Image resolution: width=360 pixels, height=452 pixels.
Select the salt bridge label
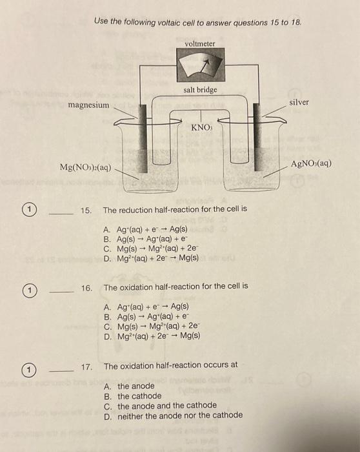click(x=201, y=90)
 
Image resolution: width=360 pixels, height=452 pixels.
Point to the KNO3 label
click(x=201, y=127)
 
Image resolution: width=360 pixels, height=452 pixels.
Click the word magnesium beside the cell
click(x=88, y=105)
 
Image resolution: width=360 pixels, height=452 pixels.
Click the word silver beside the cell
click(x=299, y=102)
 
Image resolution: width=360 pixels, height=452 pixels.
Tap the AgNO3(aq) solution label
click(x=311, y=163)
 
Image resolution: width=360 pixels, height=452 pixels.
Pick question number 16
click(x=87, y=286)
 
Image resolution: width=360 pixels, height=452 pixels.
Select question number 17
click(x=87, y=366)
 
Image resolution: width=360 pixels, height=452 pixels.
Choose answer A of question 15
click(x=145, y=229)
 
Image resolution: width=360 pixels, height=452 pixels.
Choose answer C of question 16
click(x=152, y=326)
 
